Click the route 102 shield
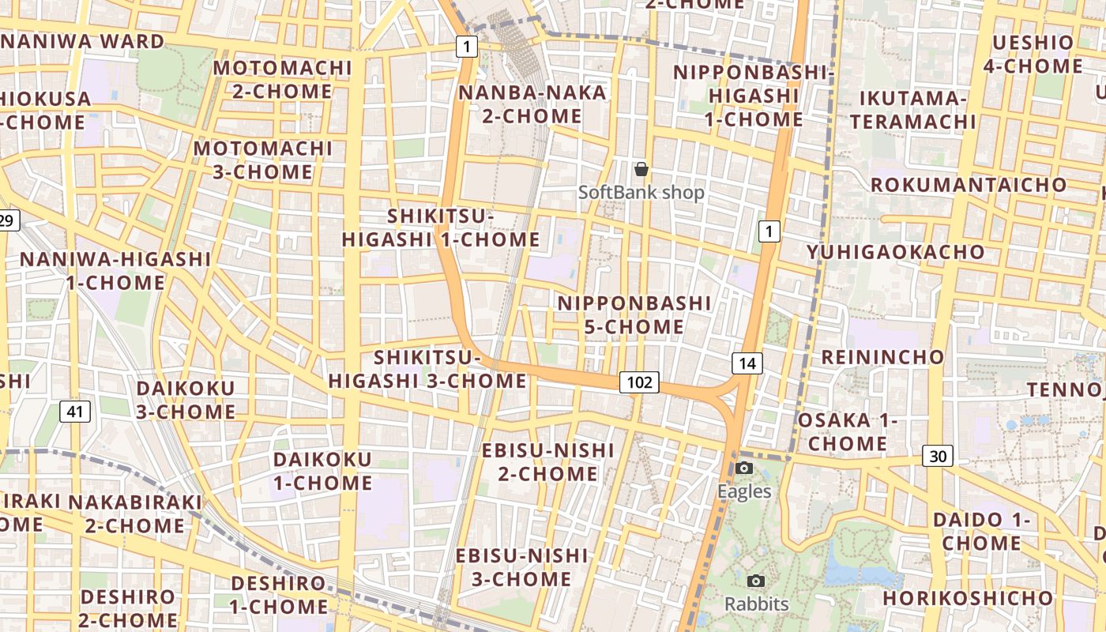click(639, 383)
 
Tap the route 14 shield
click(747, 363)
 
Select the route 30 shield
click(938, 456)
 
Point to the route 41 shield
click(75, 411)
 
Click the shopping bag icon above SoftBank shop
click(641, 168)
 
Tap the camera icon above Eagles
click(743, 468)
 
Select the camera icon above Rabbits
click(756, 581)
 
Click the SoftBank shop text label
click(641, 192)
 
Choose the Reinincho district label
click(882, 356)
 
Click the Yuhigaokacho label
click(895, 252)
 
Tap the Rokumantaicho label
click(968, 185)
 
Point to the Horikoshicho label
click(968, 598)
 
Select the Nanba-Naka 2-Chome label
click(532, 104)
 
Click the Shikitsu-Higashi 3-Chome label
click(427, 369)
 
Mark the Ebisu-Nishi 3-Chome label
click(521, 567)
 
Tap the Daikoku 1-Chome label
click(322, 471)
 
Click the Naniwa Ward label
click(82, 41)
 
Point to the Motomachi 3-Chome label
click(263, 160)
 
